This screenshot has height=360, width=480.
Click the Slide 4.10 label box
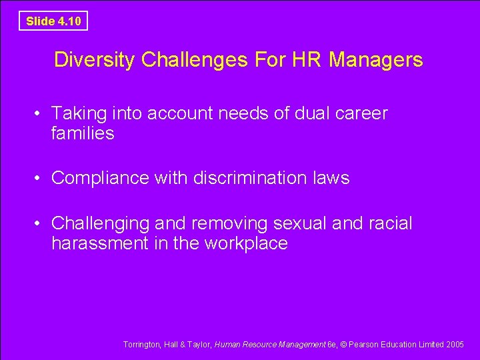tap(53, 21)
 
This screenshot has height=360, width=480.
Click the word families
tap(83, 134)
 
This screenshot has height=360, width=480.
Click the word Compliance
tap(101, 179)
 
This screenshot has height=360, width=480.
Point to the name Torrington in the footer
tap(142, 345)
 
